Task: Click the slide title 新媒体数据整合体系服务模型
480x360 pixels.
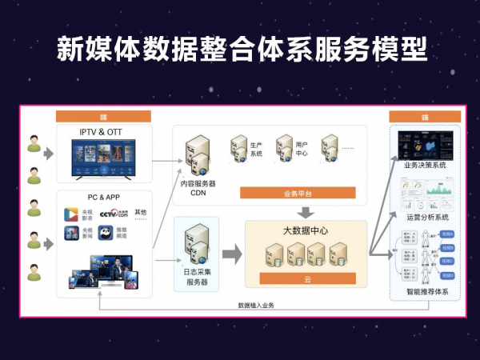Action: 240,49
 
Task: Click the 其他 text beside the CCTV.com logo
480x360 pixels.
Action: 141,212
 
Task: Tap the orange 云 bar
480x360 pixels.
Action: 306,278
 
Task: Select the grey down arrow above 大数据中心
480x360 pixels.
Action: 306,212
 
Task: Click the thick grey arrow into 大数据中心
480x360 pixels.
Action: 231,254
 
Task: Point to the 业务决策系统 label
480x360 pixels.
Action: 425,165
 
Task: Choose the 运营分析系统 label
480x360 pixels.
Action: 425,217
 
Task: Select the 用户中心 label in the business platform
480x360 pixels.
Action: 302,150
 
